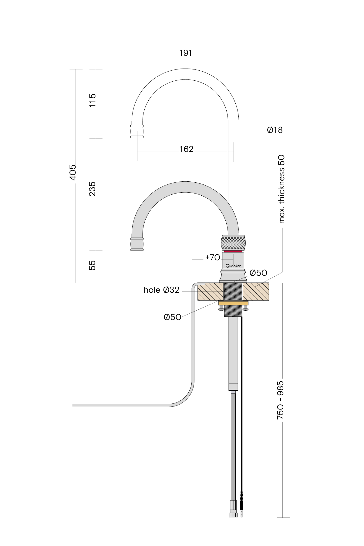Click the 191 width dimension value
click(x=185, y=53)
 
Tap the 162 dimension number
click(x=186, y=149)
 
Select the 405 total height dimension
click(x=73, y=172)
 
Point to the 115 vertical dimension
click(x=92, y=100)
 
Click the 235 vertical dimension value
click(x=92, y=189)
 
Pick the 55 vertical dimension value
click(x=92, y=265)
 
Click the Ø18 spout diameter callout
click(x=275, y=130)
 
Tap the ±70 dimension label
click(x=213, y=258)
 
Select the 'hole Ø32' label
click(x=162, y=290)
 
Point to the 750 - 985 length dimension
click(x=280, y=400)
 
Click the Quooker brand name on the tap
click(x=233, y=266)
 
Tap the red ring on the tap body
click(x=233, y=251)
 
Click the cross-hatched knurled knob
click(x=233, y=243)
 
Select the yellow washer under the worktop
click(x=233, y=303)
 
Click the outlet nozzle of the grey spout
click(x=137, y=244)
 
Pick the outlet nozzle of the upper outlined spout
click(x=137, y=131)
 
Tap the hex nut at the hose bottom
click(x=233, y=514)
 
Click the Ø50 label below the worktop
click(x=172, y=317)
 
